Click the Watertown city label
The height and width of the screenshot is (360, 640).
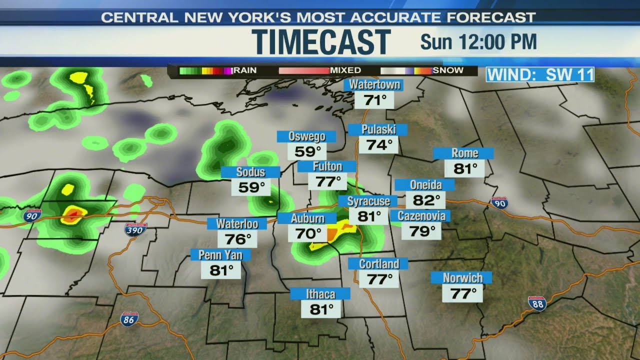pyautogui.click(x=374, y=84)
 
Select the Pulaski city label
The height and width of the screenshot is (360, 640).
pyautogui.click(x=378, y=129)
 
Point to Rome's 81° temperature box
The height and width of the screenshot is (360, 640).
pyautogui.click(x=465, y=168)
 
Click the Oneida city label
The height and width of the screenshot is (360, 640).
pyautogui.click(x=425, y=184)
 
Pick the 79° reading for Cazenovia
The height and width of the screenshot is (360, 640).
pyautogui.click(x=421, y=231)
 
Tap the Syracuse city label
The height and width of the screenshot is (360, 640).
pyautogui.click(x=368, y=201)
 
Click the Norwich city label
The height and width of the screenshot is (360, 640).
pyautogui.click(x=462, y=277)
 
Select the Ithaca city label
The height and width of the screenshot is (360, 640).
pyautogui.click(x=320, y=293)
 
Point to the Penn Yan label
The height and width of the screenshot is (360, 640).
pyautogui.click(x=220, y=255)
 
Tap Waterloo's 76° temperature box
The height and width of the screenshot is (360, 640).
pyautogui.click(x=237, y=238)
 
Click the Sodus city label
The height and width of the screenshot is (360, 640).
pyautogui.click(x=250, y=172)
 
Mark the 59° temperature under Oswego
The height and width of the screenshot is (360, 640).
pyautogui.click(x=307, y=151)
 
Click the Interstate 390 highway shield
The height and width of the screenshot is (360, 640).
pyautogui.click(x=135, y=229)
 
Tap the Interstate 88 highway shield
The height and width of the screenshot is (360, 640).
pyautogui.click(x=537, y=303)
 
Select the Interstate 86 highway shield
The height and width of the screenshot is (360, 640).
pyautogui.click(x=128, y=319)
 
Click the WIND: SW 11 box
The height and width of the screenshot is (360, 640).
pyautogui.click(x=540, y=74)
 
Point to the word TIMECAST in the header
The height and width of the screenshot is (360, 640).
pyautogui.click(x=321, y=41)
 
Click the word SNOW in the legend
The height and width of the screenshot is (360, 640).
pyautogui.click(x=448, y=70)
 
